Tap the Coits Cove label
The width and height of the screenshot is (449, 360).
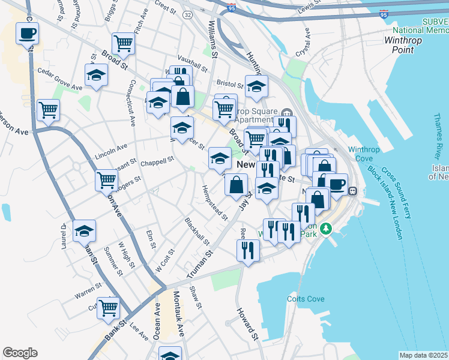(x=307, y=299)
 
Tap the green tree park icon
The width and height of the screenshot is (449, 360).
(x=326, y=229)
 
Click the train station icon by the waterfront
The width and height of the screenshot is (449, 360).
(x=353, y=191)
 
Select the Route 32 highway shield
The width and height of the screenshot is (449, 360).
(x=188, y=13)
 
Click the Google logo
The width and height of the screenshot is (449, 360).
(x=20, y=352)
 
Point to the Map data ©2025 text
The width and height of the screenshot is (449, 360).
(x=423, y=355)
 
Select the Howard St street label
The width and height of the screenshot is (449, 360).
(x=247, y=324)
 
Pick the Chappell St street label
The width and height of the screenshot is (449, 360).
(x=157, y=161)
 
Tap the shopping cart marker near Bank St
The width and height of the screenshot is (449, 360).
(x=108, y=307)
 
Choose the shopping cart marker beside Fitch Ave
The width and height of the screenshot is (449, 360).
(x=123, y=42)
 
